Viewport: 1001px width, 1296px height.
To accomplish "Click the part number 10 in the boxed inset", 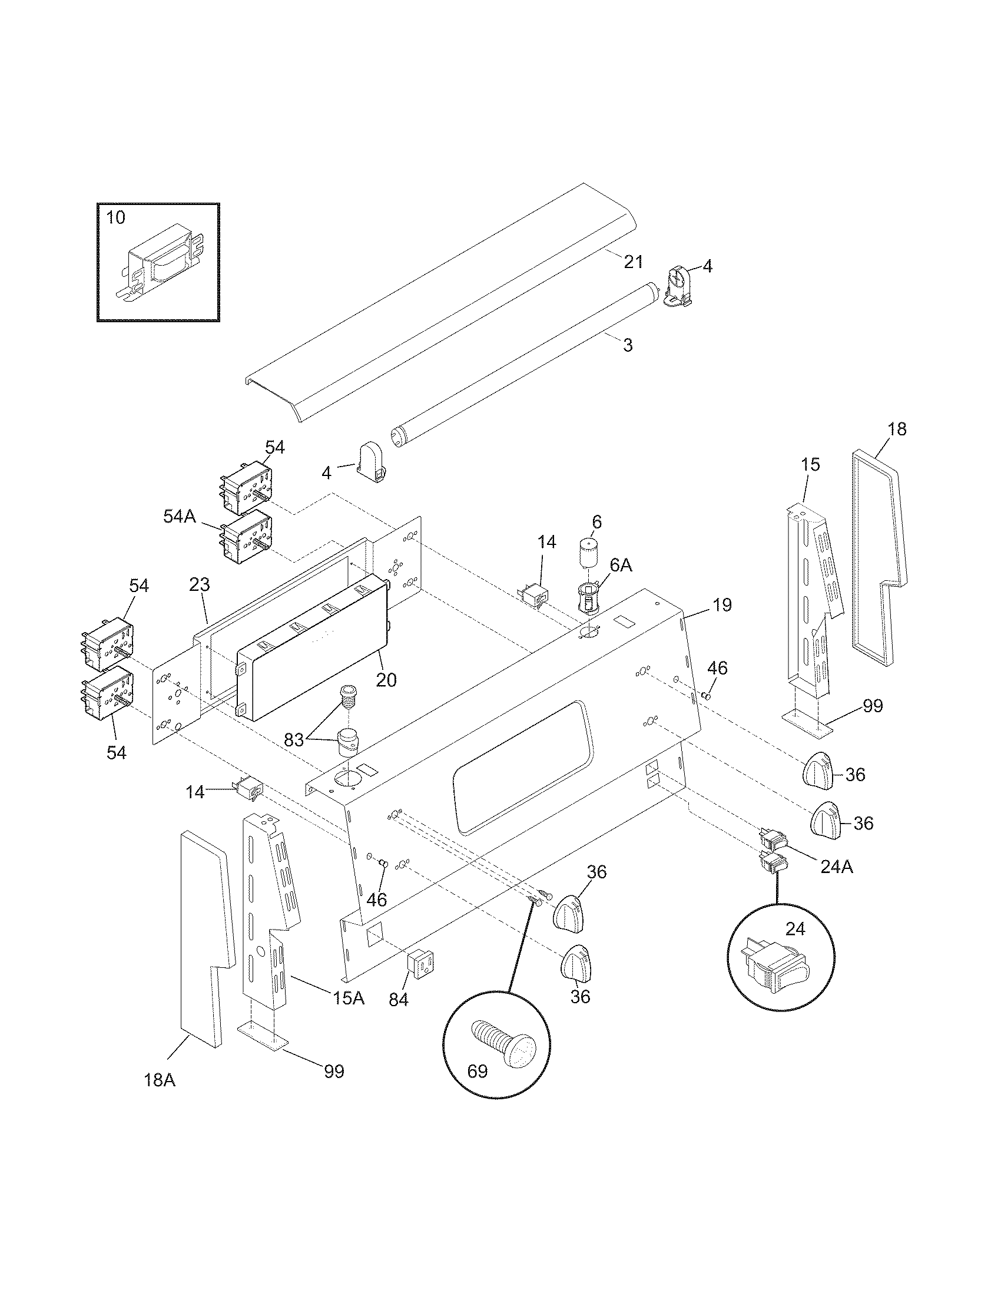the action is click(115, 218).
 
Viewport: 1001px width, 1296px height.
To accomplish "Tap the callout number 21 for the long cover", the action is click(633, 261).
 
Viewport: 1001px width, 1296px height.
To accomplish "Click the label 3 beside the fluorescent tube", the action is click(628, 345).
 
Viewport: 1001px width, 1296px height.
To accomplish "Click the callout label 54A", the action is click(180, 516).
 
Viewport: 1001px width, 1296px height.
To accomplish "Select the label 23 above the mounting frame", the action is click(200, 584).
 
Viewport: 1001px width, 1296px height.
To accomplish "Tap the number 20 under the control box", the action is click(386, 680).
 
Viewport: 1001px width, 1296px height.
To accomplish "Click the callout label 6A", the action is click(620, 566).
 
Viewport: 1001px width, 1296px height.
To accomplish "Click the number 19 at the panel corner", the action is click(722, 605).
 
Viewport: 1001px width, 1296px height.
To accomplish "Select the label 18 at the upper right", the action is click(897, 429).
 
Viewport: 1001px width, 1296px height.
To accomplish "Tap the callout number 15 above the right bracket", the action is click(810, 465).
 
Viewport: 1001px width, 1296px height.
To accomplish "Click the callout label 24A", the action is click(837, 867).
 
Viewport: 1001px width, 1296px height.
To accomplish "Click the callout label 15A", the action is click(348, 998).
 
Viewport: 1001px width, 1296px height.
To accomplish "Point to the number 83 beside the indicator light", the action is click(294, 739).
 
